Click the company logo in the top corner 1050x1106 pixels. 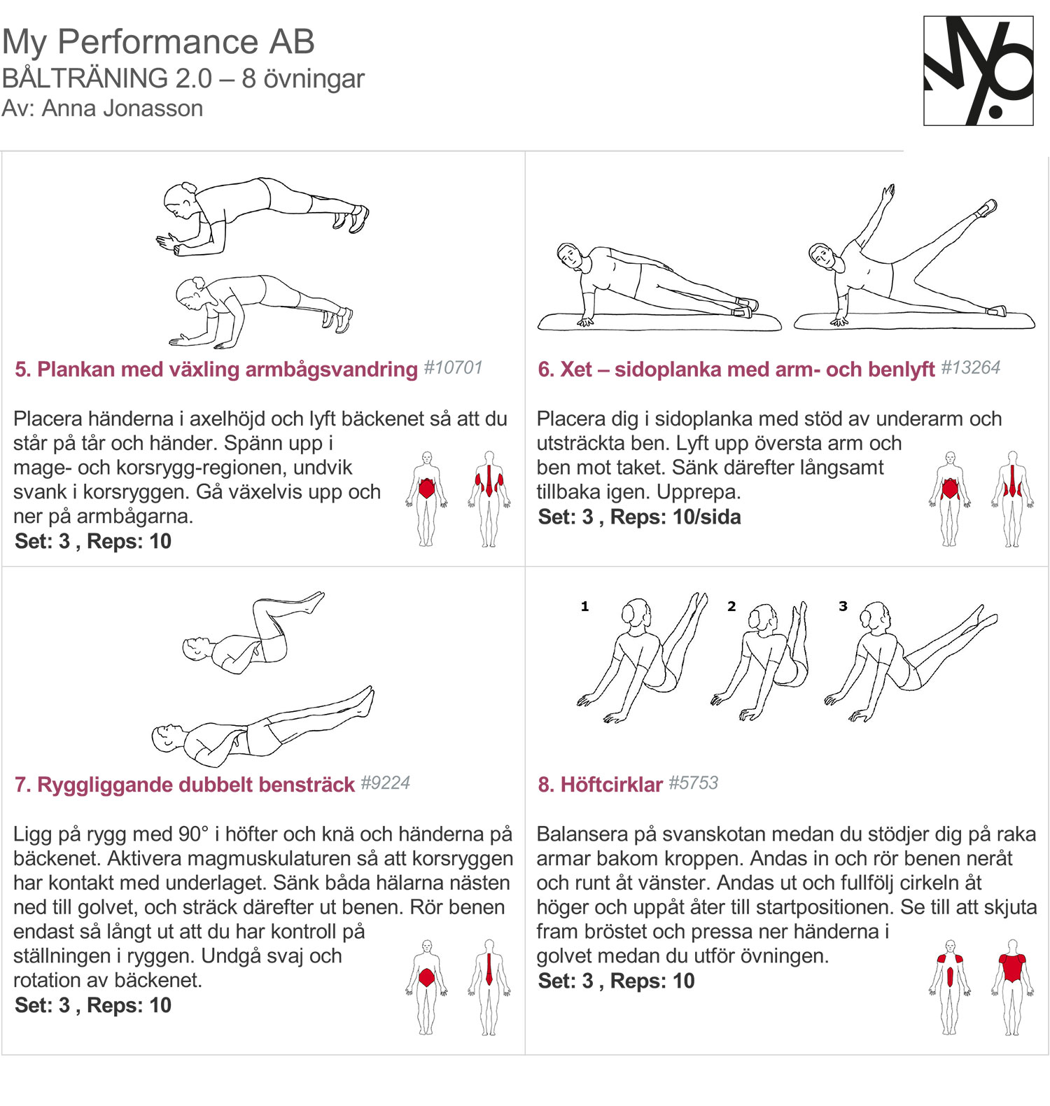(x=979, y=71)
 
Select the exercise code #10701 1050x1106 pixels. (x=454, y=367)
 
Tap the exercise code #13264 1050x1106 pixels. (x=970, y=367)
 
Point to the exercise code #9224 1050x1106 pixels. (x=385, y=783)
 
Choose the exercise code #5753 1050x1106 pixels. (x=693, y=783)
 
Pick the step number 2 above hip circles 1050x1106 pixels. (x=731, y=606)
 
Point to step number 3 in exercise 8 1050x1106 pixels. (x=843, y=606)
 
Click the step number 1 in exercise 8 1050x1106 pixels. (x=584, y=606)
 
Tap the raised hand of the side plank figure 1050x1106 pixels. (x=889, y=192)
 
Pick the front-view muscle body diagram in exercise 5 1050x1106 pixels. (x=426, y=498)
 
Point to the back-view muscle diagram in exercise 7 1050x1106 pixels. (x=489, y=986)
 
